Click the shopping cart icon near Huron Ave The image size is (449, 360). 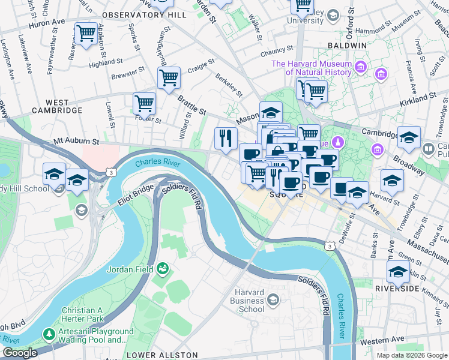click(86, 33)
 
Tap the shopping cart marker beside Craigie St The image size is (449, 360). click(169, 78)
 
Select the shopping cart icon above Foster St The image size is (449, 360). click(144, 103)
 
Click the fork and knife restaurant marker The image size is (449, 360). click(226, 138)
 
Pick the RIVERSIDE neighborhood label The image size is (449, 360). click(397, 289)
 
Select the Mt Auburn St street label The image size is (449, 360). click(76, 142)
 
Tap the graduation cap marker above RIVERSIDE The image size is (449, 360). click(398, 272)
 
